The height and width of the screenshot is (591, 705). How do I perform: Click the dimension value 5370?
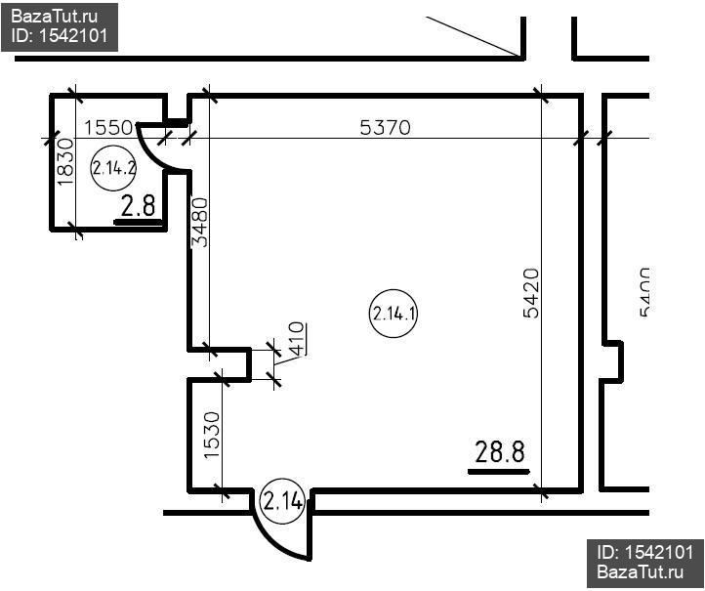(386, 128)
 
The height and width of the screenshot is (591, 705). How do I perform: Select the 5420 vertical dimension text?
(531, 293)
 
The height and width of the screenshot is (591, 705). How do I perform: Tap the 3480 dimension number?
(200, 223)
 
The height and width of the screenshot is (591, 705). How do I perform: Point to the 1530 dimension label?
(212, 436)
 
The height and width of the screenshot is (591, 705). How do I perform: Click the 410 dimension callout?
(297, 338)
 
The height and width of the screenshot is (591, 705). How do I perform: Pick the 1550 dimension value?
(108, 128)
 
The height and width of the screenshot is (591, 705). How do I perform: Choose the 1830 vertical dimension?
(65, 162)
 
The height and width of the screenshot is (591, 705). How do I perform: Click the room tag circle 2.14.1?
(394, 314)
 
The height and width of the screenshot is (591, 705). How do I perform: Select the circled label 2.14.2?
(113, 168)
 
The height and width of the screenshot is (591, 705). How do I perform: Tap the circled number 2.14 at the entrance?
(283, 501)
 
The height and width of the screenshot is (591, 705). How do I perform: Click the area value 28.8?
(500, 451)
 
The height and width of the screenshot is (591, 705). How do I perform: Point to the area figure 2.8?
(138, 205)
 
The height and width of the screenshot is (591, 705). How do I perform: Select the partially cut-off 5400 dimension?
(644, 292)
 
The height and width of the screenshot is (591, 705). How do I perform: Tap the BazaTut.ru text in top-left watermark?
(55, 17)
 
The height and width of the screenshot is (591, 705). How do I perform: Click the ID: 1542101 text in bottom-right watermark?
(645, 552)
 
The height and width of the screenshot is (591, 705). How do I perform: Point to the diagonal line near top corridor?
(474, 37)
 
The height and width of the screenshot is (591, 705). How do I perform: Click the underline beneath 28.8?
(499, 472)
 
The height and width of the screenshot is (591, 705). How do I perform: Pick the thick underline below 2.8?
(138, 222)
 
